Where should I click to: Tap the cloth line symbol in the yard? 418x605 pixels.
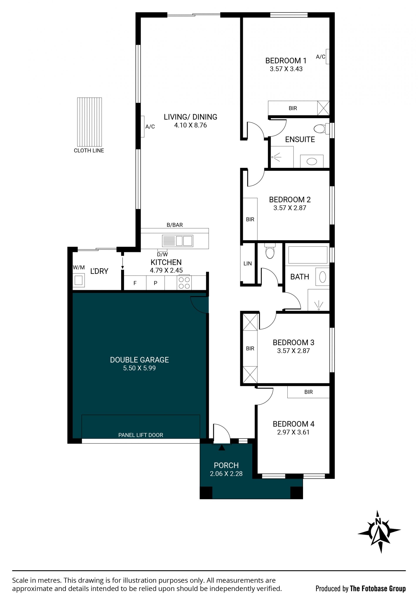pyautogui.click(x=89, y=122)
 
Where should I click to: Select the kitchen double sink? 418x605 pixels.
pyautogui.click(x=178, y=241)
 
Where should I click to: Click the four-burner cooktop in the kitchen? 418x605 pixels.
pyautogui.click(x=184, y=283)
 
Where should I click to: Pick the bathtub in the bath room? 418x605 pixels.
pyautogui.click(x=308, y=255)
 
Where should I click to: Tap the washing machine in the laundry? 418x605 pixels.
pyautogui.click(x=79, y=280)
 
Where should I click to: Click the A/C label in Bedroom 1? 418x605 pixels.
pyautogui.click(x=320, y=57)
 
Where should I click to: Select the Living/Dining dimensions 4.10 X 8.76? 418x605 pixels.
pyautogui.click(x=190, y=125)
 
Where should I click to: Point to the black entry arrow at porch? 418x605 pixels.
pyautogui.click(x=222, y=447)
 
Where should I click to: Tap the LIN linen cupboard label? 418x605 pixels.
pyautogui.click(x=248, y=263)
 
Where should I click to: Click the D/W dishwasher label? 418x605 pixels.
pyautogui.click(x=162, y=254)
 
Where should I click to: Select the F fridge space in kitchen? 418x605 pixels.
pyautogui.click(x=135, y=283)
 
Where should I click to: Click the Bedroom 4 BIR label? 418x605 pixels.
pyautogui.click(x=308, y=392)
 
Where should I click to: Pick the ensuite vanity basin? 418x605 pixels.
pyautogui.click(x=312, y=161)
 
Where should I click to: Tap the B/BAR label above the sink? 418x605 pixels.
pyautogui.click(x=175, y=225)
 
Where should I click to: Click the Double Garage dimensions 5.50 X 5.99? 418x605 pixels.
pyautogui.click(x=139, y=368)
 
